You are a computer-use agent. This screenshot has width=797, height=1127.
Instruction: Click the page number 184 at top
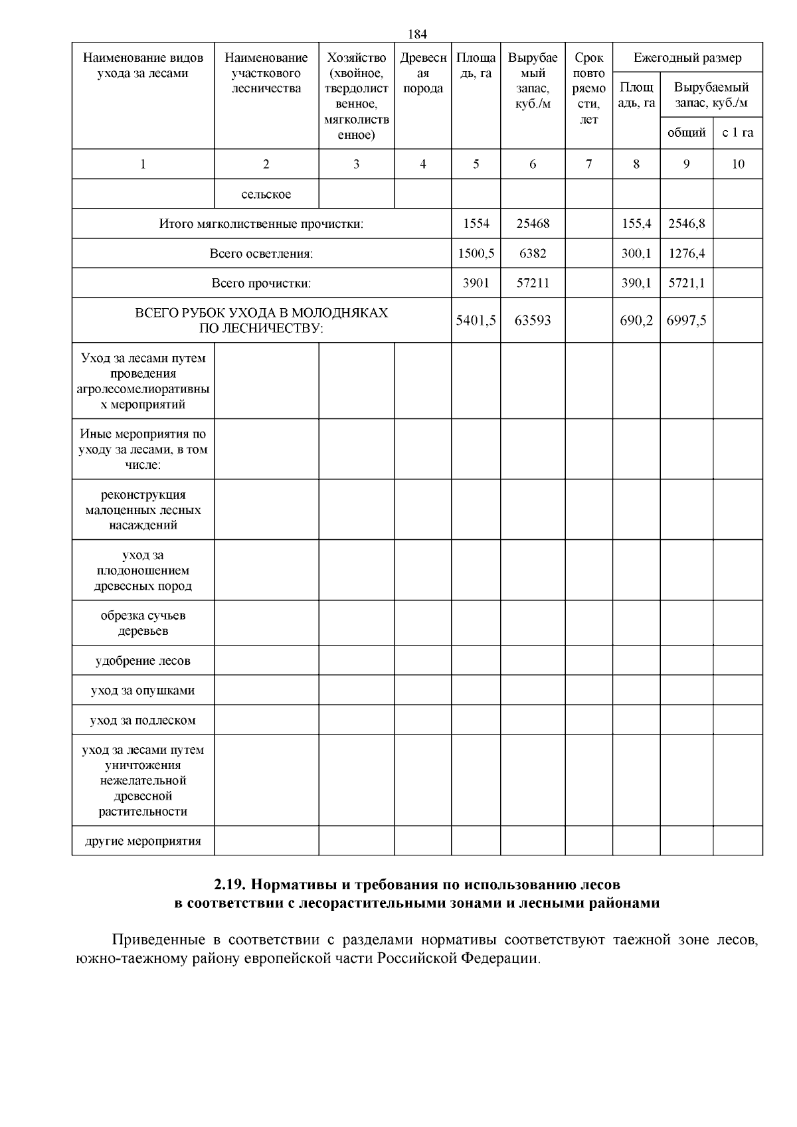pyautogui.click(x=416, y=34)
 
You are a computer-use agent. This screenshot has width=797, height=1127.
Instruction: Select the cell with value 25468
pyautogui.click(x=533, y=224)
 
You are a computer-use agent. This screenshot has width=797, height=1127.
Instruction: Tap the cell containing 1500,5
pyautogui.click(x=476, y=253)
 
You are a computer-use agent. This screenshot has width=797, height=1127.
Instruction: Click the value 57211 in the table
pyautogui.click(x=533, y=283)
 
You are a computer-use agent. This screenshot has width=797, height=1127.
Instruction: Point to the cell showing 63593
pyautogui.click(x=533, y=320)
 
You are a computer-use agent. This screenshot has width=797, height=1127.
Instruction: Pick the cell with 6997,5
pyautogui.click(x=686, y=320)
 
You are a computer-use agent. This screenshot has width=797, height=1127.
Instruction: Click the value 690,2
pyautogui.click(x=636, y=320)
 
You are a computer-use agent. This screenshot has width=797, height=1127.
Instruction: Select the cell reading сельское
pyautogui.click(x=266, y=194)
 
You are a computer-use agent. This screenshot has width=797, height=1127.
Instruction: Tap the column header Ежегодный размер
pyautogui.click(x=687, y=58)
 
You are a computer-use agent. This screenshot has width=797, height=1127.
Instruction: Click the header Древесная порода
pyautogui.click(x=423, y=73)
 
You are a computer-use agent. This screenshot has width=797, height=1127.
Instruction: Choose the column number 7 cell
pyautogui.click(x=588, y=164)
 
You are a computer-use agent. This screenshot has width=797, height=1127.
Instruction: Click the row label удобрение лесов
pyautogui.click(x=143, y=661)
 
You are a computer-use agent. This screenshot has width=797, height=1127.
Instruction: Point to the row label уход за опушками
pyautogui.click(x=143, y=690)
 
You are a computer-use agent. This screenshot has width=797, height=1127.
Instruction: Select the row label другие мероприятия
pyautogui.click(x=143, y=841)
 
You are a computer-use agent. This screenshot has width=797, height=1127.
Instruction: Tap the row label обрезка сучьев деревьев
pyautogui.click(x=143, y=623)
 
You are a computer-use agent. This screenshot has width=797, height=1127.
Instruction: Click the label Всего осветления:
pyautogui.click(x=261, y=253)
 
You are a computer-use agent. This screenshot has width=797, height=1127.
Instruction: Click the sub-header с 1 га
pyautogui.click(x=737, y=133)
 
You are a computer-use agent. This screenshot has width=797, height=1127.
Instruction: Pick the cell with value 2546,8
pyautogui.click(x=686, y=224)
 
